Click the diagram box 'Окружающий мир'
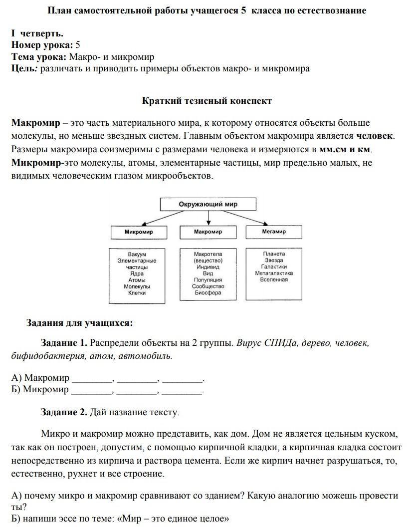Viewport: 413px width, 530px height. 207,204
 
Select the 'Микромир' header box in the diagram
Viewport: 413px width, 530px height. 139,232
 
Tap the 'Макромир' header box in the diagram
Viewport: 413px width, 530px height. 207,232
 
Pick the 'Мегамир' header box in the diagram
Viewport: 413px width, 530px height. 274,232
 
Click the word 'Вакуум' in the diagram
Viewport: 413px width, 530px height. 137,254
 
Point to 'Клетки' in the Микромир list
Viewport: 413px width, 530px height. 137,293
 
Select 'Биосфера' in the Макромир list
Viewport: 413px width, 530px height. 208,293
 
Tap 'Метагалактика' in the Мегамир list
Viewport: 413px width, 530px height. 274,273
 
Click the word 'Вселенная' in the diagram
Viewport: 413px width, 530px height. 274,280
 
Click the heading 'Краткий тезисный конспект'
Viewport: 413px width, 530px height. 207,101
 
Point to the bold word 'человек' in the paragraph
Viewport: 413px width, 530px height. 375,136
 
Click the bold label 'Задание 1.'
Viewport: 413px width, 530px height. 64,343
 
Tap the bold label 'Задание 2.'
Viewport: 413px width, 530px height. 64,413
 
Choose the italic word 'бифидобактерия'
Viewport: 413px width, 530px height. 44,356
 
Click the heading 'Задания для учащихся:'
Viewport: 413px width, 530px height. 80,323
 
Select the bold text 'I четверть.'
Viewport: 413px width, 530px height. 37,33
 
